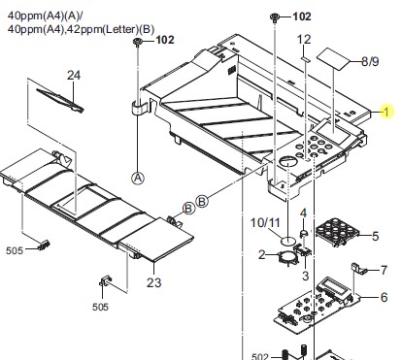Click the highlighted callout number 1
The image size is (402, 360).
click(x=385, y=112)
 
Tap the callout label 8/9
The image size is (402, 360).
click(x=370, y=61)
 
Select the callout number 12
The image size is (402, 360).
click(x=304, y=40)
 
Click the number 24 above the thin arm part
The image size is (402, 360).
click(x=74, y=76)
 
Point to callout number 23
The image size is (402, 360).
click(x=153, y=282)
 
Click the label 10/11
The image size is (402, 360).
click(x=265, y=222)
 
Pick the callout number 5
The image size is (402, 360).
click(x=375, y=236)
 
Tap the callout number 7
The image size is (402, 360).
click(x=384, y=270)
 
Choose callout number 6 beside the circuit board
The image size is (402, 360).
click(x=384, y=297)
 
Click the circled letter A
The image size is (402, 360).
click(x=138, y=179)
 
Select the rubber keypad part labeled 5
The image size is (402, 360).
click(x=337, y=232)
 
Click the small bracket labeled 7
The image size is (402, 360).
click(x=357, y=268)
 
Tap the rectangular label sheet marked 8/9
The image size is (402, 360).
click(x=333, y=59)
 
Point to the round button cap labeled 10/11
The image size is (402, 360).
click(x=288, y=241)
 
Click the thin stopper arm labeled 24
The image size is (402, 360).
click(x=60, y=100)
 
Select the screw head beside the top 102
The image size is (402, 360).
click(x=275, y=16)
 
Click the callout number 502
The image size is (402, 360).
click(x=260, y=356)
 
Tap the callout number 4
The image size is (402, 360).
click(x=303, y=213)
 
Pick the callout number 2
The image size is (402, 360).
click(x=262, y=254)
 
